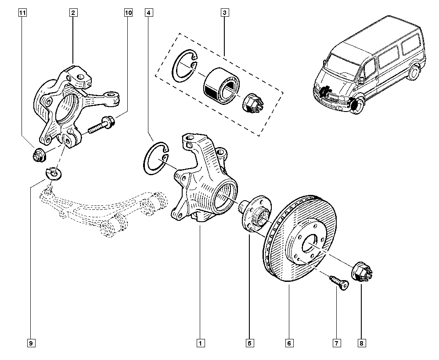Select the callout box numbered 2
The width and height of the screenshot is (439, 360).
73,13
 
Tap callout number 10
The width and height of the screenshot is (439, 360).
128,13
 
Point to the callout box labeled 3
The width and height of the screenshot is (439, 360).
224,13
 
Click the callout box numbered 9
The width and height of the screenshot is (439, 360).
31,343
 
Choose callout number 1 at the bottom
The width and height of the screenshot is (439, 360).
200,343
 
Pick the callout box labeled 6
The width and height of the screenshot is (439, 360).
289,343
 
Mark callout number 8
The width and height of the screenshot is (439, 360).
361,343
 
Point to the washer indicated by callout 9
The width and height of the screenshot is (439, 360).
54,173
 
